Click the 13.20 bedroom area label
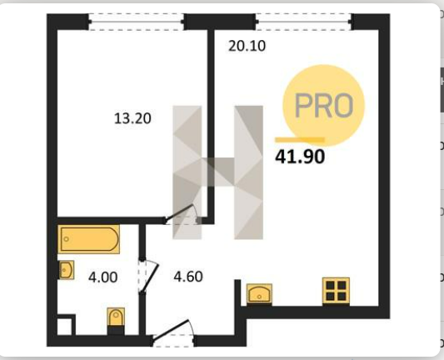132,118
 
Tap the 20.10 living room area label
247,46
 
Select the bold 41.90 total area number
300,157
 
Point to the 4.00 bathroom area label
102,277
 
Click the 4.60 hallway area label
188,277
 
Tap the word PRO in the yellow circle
324,105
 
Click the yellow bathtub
88,239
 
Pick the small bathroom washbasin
67,270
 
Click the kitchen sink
259,294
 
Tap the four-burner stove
336,291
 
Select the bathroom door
148,276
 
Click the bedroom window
137,22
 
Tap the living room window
303,22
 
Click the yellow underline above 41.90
300,140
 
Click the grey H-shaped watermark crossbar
218,172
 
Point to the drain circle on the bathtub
67,239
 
